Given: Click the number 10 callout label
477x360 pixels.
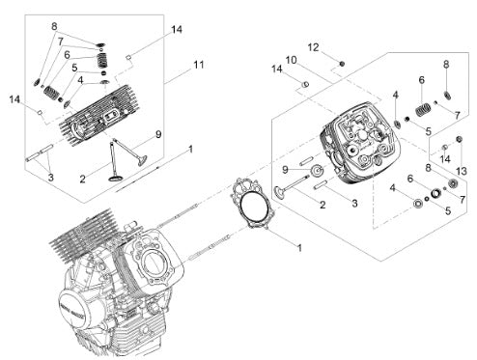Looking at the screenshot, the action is pyautogui.click(x=291, y=60).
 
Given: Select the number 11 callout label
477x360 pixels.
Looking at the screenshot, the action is pyautogui.click(x=199, y=65).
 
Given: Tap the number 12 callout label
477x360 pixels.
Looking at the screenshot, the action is pyautogui.click(x=313, y=47).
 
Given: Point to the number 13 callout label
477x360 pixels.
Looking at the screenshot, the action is pyautogui.click(x=462, y=171).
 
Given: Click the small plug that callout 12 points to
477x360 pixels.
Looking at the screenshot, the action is pyautogui.click(x=342, y=64).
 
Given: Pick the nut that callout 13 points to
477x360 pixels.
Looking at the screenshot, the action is pyautogui.click(x=459, y=139).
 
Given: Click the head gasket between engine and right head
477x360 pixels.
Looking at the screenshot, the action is pyautogui.click(x=253, y=204).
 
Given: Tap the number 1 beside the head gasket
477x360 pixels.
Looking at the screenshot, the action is pyautogui.click(x=299, y=248).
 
